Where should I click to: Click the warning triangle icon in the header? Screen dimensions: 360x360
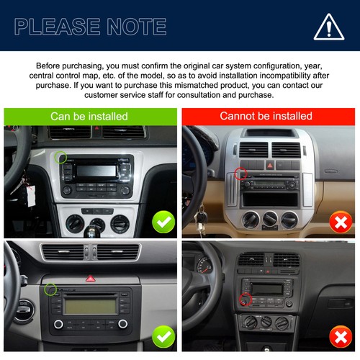point(328,27)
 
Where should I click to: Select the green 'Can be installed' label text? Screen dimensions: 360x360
point(89,116)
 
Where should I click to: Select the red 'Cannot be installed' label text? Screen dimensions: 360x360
point(266,116)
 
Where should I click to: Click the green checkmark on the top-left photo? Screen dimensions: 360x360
point(164,222)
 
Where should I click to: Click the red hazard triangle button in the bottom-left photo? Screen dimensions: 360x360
point(91,277)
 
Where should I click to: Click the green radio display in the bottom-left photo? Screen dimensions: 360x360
point(89,305)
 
